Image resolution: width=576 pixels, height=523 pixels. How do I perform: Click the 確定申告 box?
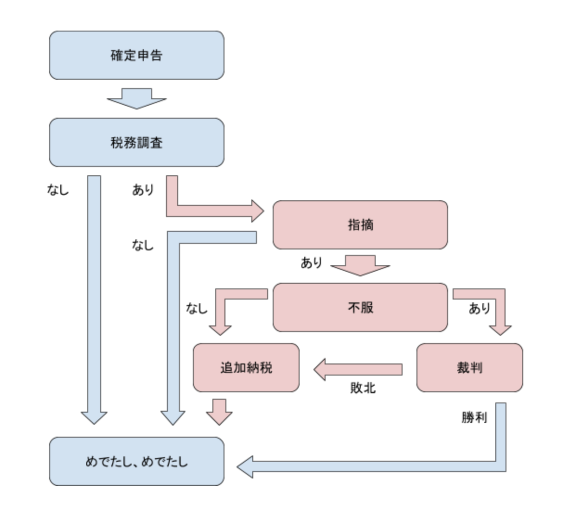tap(136, 55)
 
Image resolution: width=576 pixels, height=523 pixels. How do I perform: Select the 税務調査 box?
tap(136, 142)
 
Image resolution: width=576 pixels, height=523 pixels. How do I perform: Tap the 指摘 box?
tap(360, 225)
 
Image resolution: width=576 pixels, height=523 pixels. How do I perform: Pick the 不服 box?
tap(360, 307)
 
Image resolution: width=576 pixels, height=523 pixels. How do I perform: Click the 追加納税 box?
tap(246, 368)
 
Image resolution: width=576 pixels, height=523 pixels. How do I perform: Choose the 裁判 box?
tap(469, 368)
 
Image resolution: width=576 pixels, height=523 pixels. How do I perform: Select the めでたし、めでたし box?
tap(136, 461)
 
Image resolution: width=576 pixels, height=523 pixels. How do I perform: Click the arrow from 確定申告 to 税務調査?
tap(136, 99)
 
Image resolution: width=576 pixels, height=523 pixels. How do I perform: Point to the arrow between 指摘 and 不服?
tap(360, 265)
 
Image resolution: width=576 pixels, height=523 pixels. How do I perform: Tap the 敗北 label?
tap(363, 388)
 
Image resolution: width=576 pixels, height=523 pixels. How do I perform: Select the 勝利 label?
tap(474, 417)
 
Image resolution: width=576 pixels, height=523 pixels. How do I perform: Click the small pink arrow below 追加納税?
tap(219, 412)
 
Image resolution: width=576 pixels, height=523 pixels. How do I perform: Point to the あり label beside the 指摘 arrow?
tap(311, 263)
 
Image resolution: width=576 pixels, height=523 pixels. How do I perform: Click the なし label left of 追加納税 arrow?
tap(197, 308)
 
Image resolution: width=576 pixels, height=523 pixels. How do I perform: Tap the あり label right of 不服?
tap(479, 308)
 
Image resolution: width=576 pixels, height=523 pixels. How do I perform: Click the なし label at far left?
tap(58, 189)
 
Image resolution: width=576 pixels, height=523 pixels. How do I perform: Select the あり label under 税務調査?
tap(143, 189)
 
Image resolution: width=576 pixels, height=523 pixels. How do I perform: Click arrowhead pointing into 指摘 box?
tap(257, 211)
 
